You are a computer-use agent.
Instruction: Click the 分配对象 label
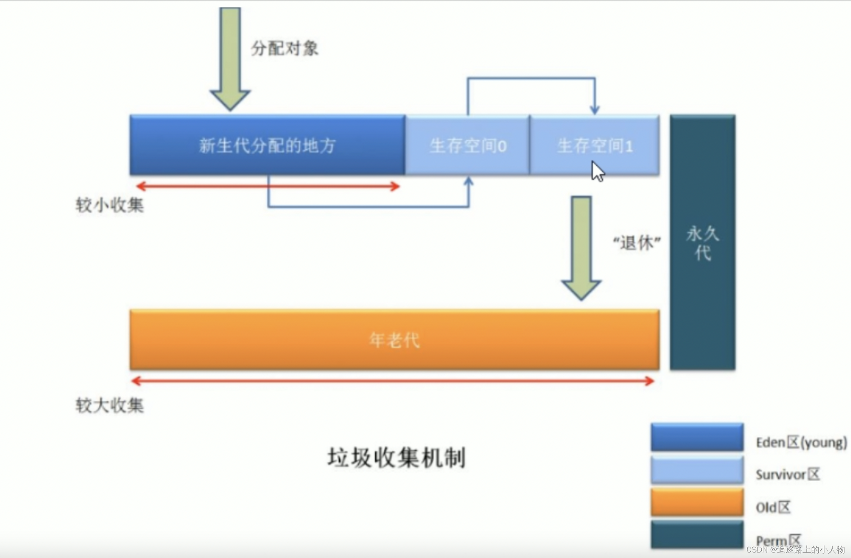284,48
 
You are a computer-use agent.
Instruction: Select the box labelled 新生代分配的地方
267,145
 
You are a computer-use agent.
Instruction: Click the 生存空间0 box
468,145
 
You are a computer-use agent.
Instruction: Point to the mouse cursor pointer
597,171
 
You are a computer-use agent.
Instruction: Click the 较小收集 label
110,205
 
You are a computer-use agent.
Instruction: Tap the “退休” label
637,243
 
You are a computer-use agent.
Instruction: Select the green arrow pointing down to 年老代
581,247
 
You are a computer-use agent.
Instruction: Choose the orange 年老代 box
394,340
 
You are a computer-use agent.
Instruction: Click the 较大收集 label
110,405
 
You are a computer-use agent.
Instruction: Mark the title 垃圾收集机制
397,458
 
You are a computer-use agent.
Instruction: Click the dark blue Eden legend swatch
697,437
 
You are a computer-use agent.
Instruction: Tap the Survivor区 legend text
788,474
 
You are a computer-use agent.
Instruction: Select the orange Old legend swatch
697,502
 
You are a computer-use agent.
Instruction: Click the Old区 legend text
773,507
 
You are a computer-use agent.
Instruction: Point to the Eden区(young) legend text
801,442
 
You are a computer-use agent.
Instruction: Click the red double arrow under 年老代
393,381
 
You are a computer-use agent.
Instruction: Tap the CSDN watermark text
795,549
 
